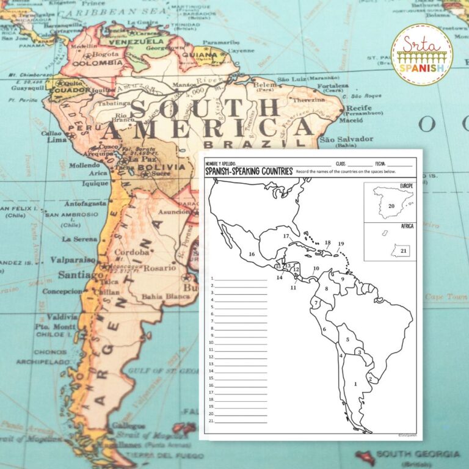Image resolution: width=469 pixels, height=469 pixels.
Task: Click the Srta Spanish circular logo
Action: click(421, 54)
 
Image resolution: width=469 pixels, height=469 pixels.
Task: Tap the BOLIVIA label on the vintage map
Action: click(161, 167)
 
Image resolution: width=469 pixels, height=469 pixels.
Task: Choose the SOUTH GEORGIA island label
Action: click(418, 454)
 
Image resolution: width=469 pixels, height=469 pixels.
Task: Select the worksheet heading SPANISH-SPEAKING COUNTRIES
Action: click(249, 172)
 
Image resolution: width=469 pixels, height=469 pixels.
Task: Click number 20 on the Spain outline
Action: click(391, 206)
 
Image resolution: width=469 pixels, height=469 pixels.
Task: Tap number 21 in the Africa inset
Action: click(403, 251)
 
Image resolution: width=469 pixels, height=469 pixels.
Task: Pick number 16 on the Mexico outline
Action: click(251, 254)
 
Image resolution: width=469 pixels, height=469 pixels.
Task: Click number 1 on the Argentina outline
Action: click(355, 384)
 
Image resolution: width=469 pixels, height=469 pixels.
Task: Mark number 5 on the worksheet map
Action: click(347, 340)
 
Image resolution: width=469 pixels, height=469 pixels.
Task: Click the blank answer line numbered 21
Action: click(241, 421)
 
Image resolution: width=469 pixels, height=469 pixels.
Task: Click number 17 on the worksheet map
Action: click(285, 236)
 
